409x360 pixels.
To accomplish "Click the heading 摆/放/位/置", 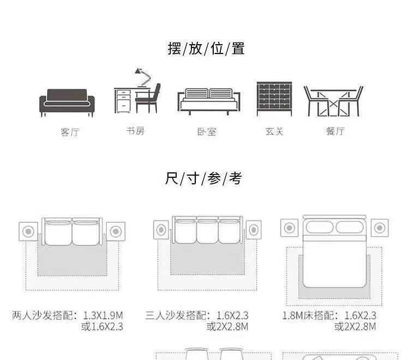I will (x=206, y=49).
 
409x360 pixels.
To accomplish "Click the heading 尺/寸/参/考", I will (x=203, y=178).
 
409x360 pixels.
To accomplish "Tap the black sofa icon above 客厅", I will (x=67, y=101).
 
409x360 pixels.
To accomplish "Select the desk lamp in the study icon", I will (x=142, y=76).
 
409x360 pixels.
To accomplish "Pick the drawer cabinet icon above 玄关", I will (x=274, y=99).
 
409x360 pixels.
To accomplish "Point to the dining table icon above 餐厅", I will (x=333, y=101).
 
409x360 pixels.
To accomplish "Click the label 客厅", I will (x=69, y=132).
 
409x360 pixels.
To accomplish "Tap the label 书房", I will (x=135, y=131).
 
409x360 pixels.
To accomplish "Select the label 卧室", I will (x=207, y=131).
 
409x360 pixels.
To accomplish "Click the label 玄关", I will (x=274, y=131).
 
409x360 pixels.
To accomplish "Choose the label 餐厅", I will (x=335, y=131).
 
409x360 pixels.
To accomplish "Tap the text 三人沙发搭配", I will (x=178, y=315).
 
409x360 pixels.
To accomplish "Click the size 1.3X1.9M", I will (x=103, y=315).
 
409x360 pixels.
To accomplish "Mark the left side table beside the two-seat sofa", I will (x=28, y=232).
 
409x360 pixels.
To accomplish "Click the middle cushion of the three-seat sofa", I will (x=207, y=232).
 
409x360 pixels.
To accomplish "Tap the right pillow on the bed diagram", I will (x=350, y=227).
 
